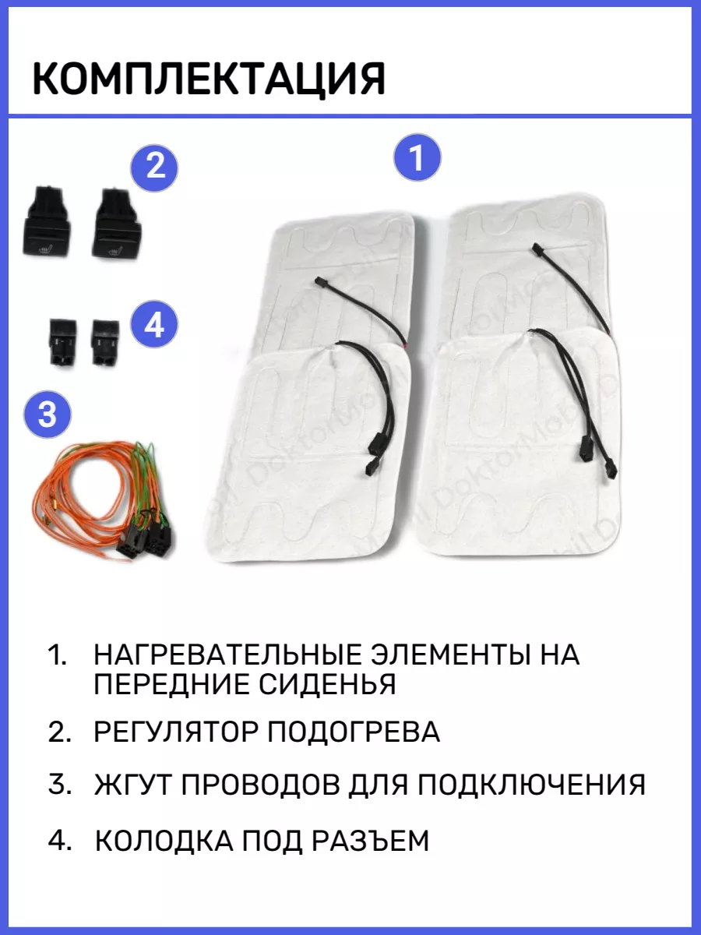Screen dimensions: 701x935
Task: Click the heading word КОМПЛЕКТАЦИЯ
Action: pyautogui.click(x=209, y=79)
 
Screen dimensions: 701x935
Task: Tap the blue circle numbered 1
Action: pyautogui.click(x=417, y=157)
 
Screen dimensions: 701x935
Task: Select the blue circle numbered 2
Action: pyautogui.click(x=154, y=168)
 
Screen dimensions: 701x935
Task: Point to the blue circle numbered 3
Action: pyautogui.click(x=48, y=414)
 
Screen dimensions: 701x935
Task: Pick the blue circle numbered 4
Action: pyautogui.click(x=153, y=325)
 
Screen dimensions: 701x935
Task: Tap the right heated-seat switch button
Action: pyautogui.click(x=116, y=224)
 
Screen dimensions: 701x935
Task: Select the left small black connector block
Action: pyautogui.click(x=63, y=342)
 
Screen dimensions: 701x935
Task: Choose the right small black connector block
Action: pyautogui.click(x=106, y=343)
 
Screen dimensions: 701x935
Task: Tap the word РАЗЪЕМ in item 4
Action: pyautogui.click(x=370, y=841)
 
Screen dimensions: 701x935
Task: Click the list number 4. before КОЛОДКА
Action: pyautogui.click(x=60, y=841)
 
